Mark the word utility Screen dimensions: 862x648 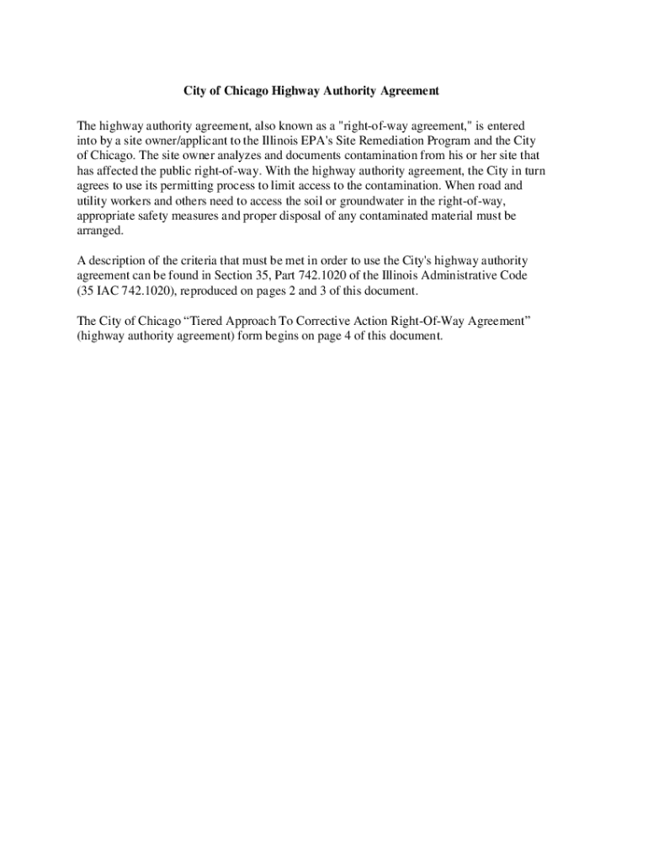[x=92, y=200]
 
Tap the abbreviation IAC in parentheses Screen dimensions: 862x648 [x=106, y=290]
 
